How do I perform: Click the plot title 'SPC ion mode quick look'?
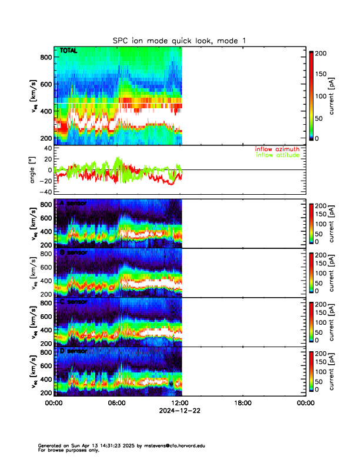tap(179, 40)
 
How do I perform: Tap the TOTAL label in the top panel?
tap(69, 52)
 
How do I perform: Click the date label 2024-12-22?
tap(180, 410)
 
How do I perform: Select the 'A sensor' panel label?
tap(73, 203)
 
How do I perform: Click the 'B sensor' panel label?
tap(73, 252)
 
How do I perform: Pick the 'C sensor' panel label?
tap(73, 302)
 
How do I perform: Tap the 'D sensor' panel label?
tap(73, 351)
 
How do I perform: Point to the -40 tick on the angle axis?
tap(45, 192)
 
